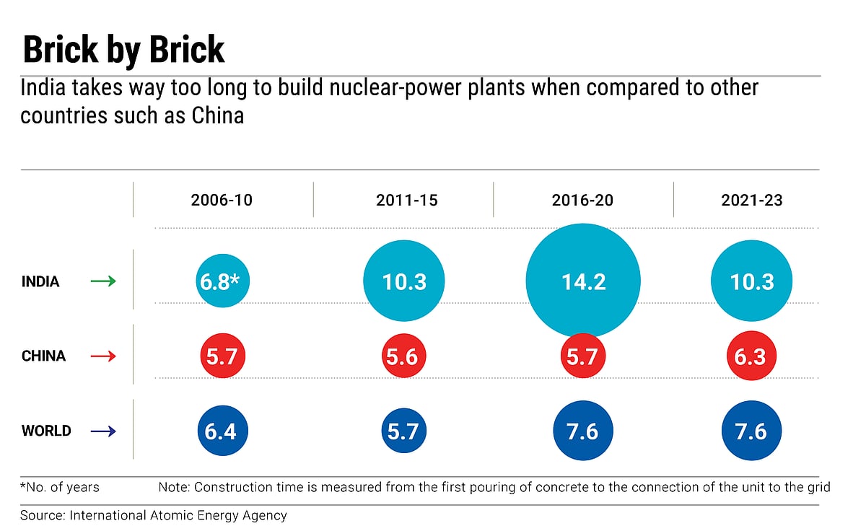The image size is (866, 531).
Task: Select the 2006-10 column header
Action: (222, 200)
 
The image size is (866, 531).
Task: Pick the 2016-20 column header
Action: (582, 200)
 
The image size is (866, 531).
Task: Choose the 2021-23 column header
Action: (751, 200)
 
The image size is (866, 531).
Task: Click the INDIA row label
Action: (40, 281)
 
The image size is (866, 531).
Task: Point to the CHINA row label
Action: (43, 356)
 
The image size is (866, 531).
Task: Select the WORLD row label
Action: (46, 431)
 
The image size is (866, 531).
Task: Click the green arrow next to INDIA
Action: (103, 281)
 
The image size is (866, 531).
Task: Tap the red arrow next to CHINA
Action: (103, 356)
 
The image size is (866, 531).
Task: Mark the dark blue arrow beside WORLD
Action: (103, 431)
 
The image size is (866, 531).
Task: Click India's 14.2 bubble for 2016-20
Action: (583, 281)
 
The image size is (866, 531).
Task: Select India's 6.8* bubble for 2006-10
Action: (222, 281)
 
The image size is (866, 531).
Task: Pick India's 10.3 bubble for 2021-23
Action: (751, 281)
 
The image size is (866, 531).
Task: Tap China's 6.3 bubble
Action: (751, 356)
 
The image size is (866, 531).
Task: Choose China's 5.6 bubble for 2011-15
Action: (403, 356)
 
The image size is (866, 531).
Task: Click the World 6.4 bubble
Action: (222, 431)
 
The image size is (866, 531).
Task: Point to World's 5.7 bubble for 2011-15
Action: (403, 431)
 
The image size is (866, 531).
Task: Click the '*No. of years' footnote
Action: (60, 488)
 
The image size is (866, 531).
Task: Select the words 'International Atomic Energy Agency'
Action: (178, 515)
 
